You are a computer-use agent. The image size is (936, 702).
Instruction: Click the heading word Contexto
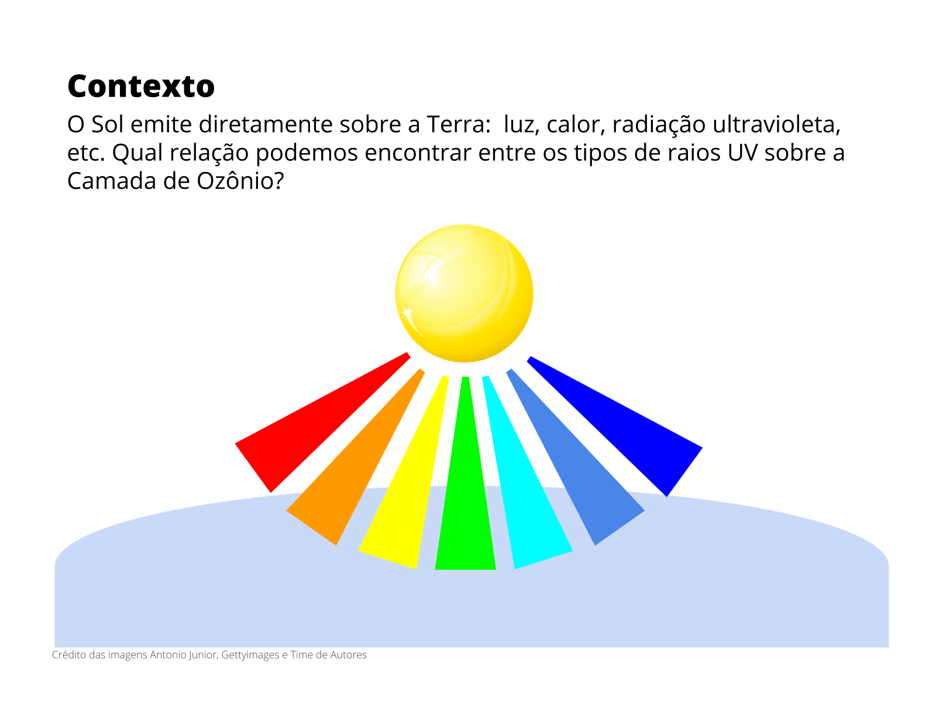141,86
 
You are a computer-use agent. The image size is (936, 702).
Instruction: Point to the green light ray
465,473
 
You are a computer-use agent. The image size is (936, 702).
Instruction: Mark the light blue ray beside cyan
575,457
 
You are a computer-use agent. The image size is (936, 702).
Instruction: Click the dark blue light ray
614,426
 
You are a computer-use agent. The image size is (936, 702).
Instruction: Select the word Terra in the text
459,125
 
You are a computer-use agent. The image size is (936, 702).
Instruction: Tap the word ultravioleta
776,125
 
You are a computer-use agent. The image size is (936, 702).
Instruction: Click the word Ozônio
240,181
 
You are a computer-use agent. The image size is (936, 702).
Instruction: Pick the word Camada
112,181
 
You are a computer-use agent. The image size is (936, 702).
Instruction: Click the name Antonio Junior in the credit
184,655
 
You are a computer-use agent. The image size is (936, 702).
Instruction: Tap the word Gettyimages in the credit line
250,655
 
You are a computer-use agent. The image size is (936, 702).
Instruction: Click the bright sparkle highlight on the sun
432,279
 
